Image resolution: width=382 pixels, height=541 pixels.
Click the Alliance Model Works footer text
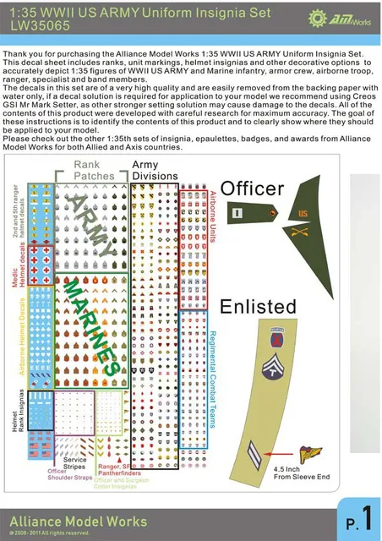[74, 522]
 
